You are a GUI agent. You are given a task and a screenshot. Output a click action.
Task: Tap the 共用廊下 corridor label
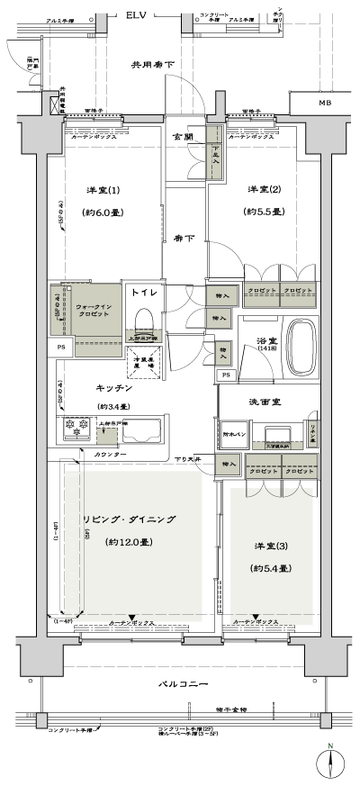(x=154, y=65)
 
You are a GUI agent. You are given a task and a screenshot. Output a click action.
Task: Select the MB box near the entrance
(x=321, y=104)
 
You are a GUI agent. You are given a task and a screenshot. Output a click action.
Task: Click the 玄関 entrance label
(x=184, y=138)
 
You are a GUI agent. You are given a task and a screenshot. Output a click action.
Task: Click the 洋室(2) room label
(x=262, y=190)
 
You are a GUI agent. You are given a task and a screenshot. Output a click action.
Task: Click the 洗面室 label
(x=264, y=402)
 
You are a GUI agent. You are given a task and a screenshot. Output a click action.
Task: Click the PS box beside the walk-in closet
(x=62, y=347)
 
